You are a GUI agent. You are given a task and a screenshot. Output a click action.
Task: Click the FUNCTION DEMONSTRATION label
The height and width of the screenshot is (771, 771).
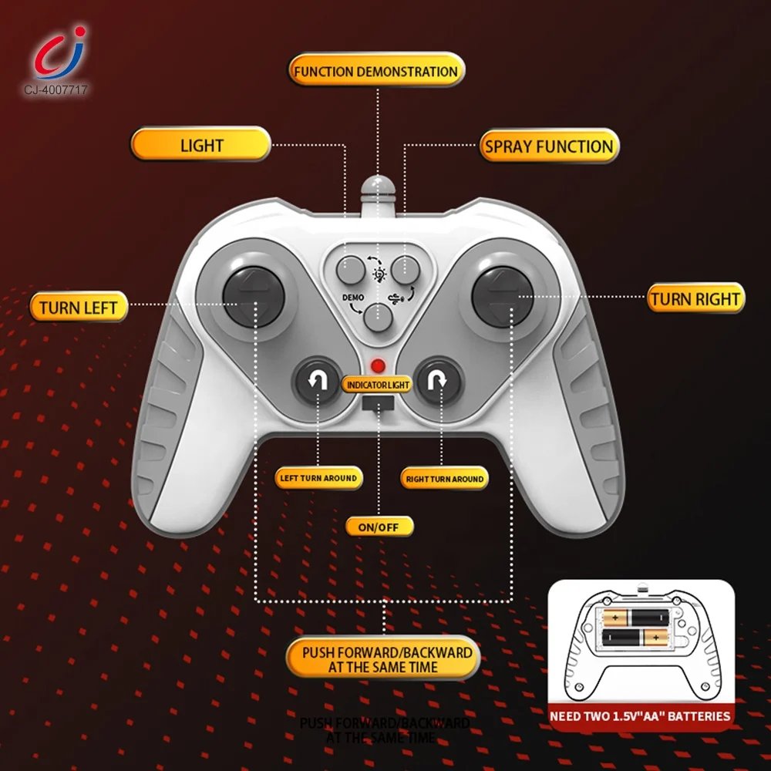click(x=376, y=71)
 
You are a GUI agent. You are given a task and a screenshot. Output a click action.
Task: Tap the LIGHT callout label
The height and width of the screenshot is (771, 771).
click(x=201, y=145)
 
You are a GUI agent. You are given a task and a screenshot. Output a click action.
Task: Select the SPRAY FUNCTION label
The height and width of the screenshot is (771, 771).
click(x=549, y=146)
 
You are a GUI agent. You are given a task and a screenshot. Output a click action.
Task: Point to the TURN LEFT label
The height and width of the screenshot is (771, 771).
click(x=78, y=308)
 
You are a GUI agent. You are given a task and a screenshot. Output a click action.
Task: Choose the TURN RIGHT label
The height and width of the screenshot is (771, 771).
click(x=695, y=299)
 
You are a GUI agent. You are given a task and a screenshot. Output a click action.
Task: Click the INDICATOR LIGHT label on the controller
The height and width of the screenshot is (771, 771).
click(x=378, y=384)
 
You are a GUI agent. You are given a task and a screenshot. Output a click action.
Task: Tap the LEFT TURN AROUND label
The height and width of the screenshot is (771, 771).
click(x=318, y=478)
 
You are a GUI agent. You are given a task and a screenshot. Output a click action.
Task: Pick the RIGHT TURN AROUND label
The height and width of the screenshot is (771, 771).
click(x=445, y=479)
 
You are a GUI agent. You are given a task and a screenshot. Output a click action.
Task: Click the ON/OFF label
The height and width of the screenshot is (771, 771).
click(x=379, y=527)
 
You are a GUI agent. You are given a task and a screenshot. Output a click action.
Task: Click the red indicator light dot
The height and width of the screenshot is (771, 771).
click(x=378, y=365)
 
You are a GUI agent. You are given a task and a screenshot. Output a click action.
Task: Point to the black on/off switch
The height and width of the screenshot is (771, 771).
click(x=378, y=403)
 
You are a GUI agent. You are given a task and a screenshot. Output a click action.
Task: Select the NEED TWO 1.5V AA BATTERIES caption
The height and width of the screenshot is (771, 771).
click(x=640, y=716)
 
